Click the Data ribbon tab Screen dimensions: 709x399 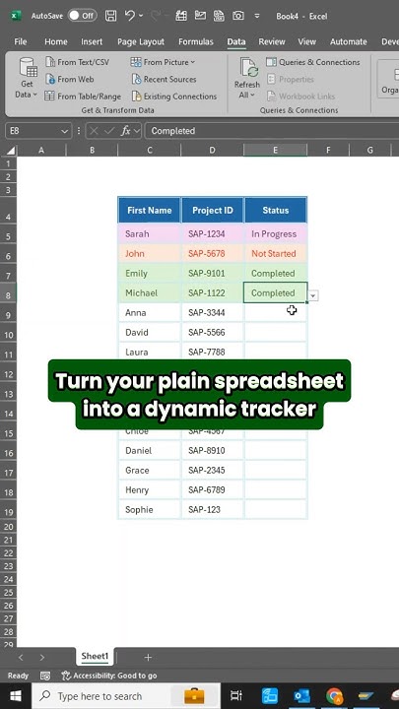pyautogui.click(x=236, y=42)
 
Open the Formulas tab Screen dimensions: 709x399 pyautogui.click(x=195, y=42)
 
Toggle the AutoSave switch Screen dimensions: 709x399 pyautogui.click(x=82, y=16)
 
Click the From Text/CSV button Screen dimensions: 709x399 pyautogui.click(x=78, y=62)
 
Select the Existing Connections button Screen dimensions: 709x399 pyautogui.click(x=173, y=97)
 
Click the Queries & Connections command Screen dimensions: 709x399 pyautogui.click(x=313, y=62)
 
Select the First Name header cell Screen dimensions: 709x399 pyautogui.click(x=150, y=210)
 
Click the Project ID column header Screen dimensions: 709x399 pyautogui.click(x=213, y=210)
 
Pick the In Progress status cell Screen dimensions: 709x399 pyautogui.click(x=275, y=234)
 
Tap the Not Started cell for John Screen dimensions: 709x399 pyautogui.click(x=275, y=254)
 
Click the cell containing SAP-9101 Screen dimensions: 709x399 pyautogui.click(x=213, y=274)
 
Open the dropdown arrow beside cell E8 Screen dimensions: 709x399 pyautogui.click(x=313, y=295)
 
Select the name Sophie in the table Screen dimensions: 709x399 pyautogui.click(x=150, y=509)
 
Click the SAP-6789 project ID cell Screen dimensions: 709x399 pyautogui.click(x=213, y=489)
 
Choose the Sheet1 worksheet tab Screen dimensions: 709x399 pyautogui.click(x=95, y=657)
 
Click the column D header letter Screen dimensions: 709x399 pyautogui.click(x=213, y=151)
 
